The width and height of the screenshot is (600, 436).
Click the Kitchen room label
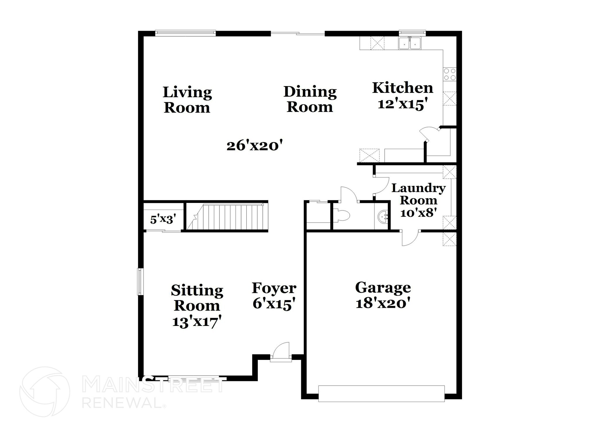[x=402, y=88]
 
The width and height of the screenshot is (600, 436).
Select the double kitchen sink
[x=410, y=43]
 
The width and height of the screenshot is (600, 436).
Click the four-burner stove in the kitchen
[x=450, y=74]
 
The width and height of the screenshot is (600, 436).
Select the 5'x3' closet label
[x=163, y=219]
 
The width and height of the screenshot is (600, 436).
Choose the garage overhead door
[x=381, y=394]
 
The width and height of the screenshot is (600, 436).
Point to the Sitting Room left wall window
[x=140, y=281]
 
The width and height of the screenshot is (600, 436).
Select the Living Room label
[x=187, y=100]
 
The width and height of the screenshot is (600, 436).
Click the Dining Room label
[x=310, y=99]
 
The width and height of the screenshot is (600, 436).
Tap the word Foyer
[x=274, y=288]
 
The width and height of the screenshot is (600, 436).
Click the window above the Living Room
[x=185, y=33]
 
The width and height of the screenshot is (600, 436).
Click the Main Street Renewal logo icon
[x=45, y=391]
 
